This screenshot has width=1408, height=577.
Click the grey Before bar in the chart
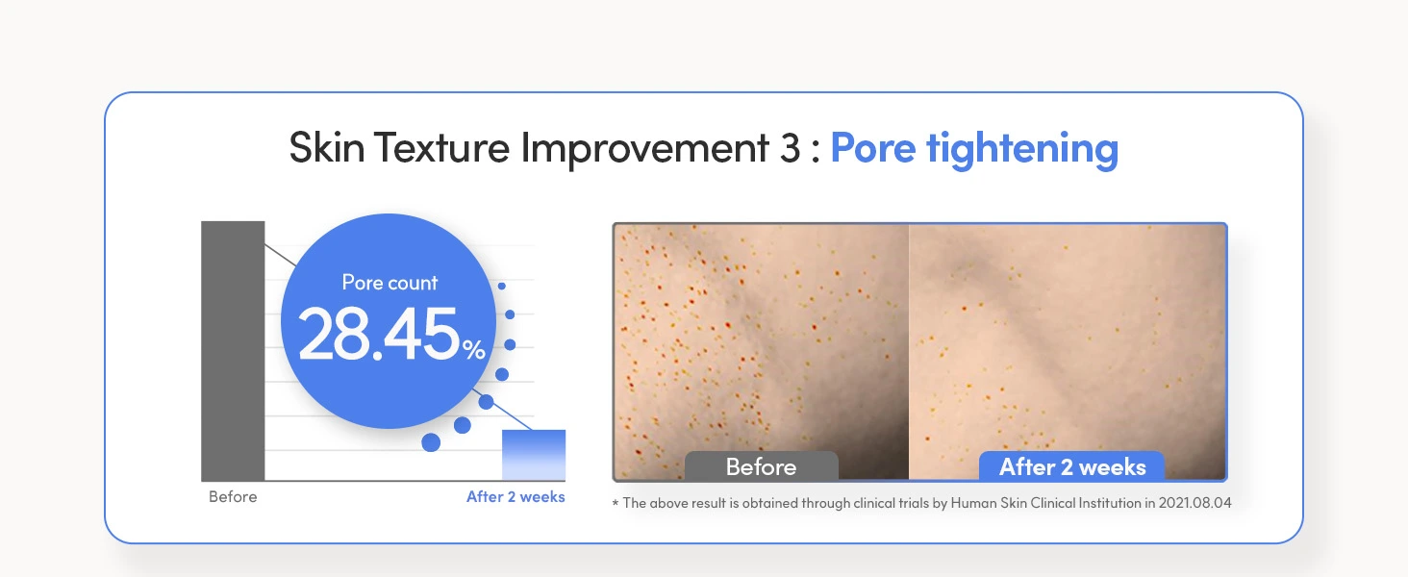pos(233,351)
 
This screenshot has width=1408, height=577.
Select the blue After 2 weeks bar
pos(534,455)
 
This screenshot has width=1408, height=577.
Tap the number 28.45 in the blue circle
pos(379,334)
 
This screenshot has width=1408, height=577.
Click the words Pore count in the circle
pos(390,283)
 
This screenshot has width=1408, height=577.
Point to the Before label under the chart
pos(233,496)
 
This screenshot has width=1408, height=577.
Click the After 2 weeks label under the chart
pos(515,496)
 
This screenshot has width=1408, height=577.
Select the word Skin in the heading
pos(327,148)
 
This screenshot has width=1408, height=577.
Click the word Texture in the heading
pos(441,148)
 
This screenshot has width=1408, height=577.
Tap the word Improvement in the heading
pos(645,149)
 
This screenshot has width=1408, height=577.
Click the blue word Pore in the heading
pos(873,149)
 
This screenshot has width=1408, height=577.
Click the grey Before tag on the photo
pos(761,466)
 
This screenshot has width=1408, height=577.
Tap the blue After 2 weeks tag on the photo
pos(1072,466)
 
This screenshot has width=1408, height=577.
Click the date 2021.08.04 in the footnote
pos(1194,503)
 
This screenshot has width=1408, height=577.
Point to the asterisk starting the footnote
pos(616,503)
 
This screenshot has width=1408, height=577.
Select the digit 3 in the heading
pos(791,148)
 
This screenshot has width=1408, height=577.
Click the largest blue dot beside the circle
pos(431,442)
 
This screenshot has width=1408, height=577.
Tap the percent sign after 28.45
pos(474,349)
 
